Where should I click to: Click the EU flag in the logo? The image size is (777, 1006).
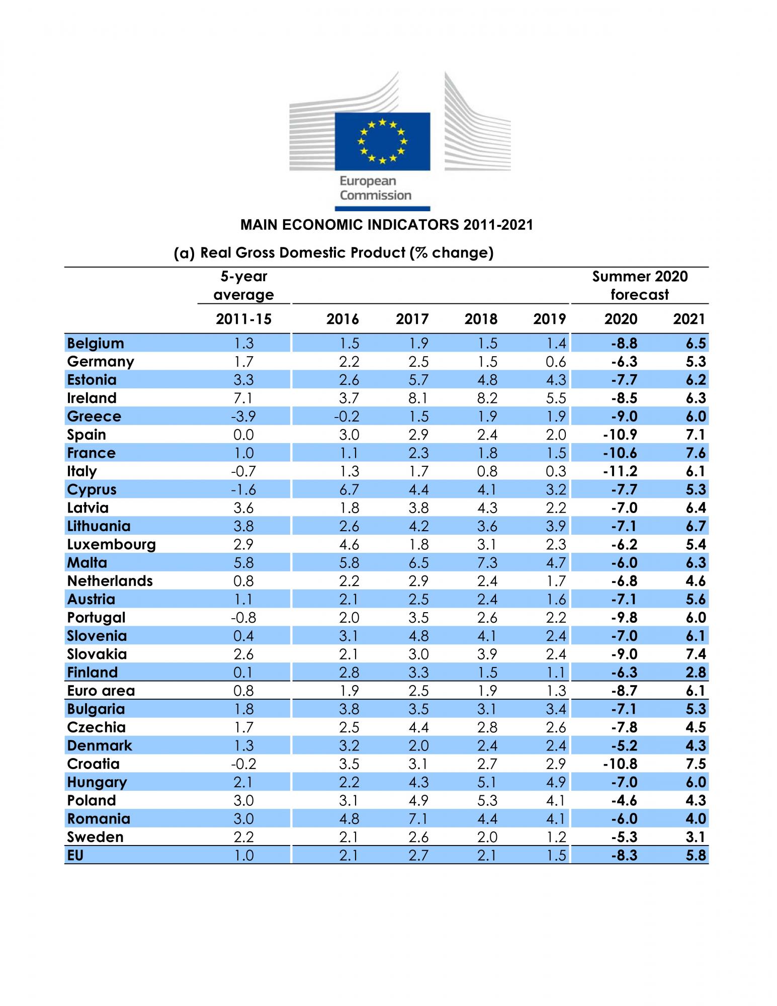[x=382, y=141]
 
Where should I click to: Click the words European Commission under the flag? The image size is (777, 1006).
[x=375, y=188]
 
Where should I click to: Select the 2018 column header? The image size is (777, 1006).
[x=481, y=319]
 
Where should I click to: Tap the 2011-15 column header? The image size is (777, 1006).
[x=243, y=319]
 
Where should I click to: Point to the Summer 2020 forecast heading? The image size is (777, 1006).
[x=640, y=285]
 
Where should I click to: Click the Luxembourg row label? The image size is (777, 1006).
[x=111, y=544]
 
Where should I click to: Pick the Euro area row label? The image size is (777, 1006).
[x=101, y=691]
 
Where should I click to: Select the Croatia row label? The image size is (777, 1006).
[x=93, y=764]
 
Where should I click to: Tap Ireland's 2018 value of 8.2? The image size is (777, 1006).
[x=487, y=398]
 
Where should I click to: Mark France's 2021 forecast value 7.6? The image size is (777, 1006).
[x=696, y=453]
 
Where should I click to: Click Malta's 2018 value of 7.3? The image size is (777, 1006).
[x=487, y=562]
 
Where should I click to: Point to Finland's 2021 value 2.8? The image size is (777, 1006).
[x=696, y=672]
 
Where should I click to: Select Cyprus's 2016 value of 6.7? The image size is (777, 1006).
[x=349, y=489]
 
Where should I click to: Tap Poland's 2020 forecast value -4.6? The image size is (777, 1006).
[x=624, y=800]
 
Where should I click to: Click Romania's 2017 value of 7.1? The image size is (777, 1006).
[x=418, y=818]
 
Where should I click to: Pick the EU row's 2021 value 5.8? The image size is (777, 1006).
[x=696, y=855]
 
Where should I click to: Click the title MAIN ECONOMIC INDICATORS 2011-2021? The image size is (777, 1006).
[x=386, y=225]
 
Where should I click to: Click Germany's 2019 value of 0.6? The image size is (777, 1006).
[x=556, y=362]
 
